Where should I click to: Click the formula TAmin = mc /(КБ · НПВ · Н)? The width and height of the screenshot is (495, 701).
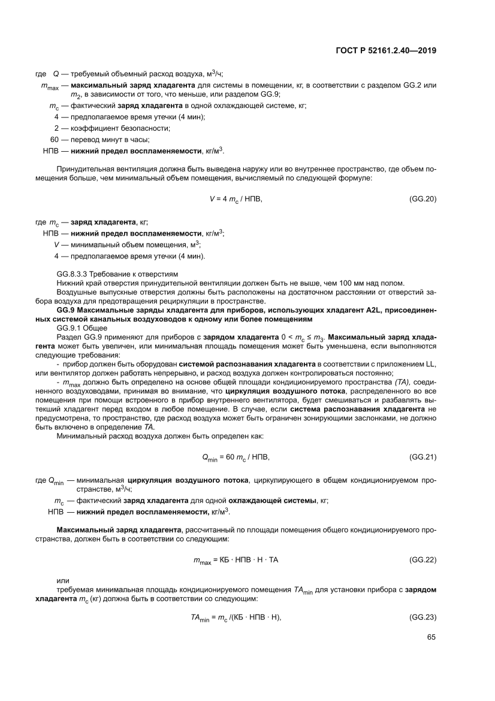(236, 618)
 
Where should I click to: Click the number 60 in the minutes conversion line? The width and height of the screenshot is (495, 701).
(55, 139)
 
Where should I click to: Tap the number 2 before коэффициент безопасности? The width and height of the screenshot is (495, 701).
(56, 128)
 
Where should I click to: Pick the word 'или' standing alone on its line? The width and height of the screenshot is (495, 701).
(62, 580)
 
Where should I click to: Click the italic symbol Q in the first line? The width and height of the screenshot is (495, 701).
(56, 74)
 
